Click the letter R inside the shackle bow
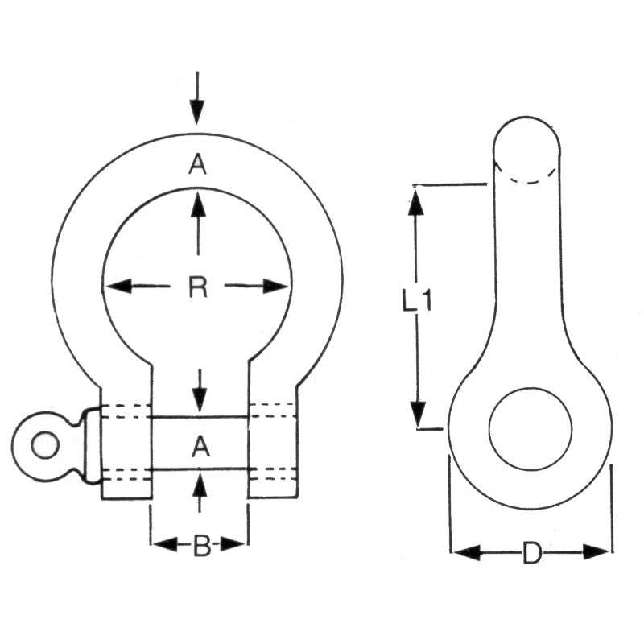[x=198, y=287]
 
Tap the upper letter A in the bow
[x=198, y=165]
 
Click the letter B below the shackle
[x=201, y=547]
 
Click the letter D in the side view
[x=531, y=553]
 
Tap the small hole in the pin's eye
[x=44, y=445]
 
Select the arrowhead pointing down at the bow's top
[x=197, y=113]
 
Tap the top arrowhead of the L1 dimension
[x=416, y=200]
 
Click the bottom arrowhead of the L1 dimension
[x=417, y=414]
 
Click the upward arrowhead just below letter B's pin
[x=200, y=485]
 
